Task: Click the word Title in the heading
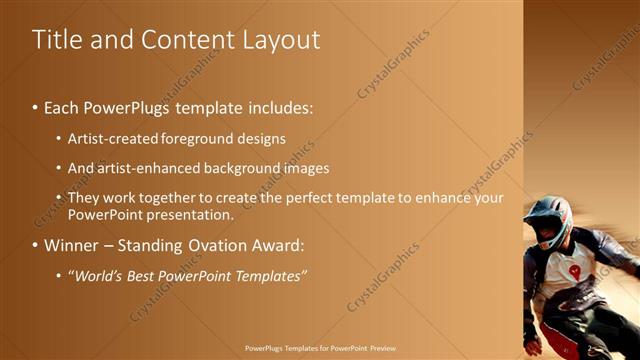(x=56, y=40)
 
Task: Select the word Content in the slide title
(x=185, y=40)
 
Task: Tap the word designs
(x=263, y=137)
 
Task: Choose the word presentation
(x=188, y=214)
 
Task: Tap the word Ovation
(x=220, y=245)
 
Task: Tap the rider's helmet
(x=548, y=217)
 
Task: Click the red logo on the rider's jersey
(x=575, y=271)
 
